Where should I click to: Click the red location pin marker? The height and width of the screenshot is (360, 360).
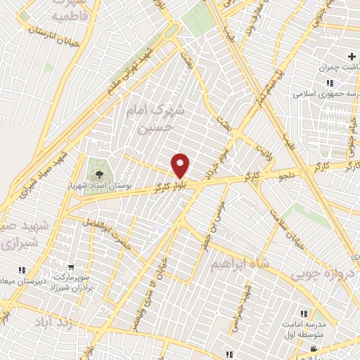coord(181,165)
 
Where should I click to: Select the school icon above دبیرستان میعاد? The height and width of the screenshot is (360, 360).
coord(22,269)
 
